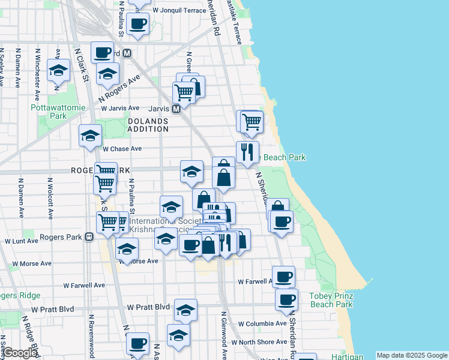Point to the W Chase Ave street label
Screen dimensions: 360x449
[122, 149]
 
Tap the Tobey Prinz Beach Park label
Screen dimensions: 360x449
[331, 300]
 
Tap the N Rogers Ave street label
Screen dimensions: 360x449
[119, 87]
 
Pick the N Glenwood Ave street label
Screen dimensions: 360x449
[224, 336]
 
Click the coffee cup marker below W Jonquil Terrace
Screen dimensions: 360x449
[138, 24]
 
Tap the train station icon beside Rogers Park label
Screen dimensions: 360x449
[89, 236]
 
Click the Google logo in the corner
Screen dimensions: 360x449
[20, 353]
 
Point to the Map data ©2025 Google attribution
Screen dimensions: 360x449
[411, 355]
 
